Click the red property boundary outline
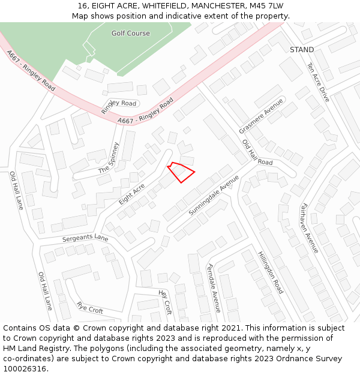(x=181, y=172)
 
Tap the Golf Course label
(x=130, y=34)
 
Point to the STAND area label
(x=302, y=50)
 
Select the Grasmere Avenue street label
(x=261, y=116)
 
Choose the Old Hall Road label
(x=257, y=152)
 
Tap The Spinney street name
(x=109, y=158)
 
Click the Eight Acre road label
(x=132, y=194)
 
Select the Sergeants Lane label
(x=85, y=238)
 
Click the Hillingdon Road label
(x=271, y=272)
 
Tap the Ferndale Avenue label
(x=214, y=288)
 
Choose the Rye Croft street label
(x=90, y=307)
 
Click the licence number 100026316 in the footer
(x=25, y=368)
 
